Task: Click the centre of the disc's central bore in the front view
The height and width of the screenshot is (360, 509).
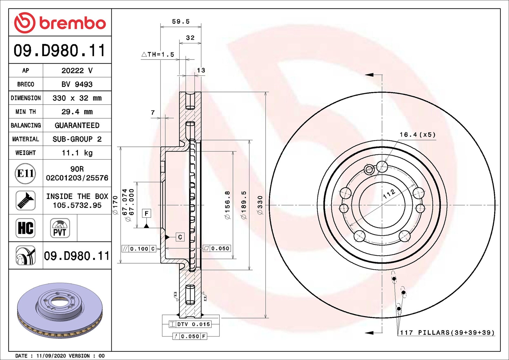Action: click(382, 205)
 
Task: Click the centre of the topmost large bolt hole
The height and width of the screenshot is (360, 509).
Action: click(382, 166)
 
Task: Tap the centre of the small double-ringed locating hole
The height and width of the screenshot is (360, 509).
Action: click(369, 170)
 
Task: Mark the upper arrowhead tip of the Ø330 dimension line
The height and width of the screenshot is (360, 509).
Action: click(265, 92)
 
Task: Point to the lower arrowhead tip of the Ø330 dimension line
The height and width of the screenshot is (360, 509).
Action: click(265, 318)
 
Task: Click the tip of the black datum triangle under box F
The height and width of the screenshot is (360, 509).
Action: click(146, 224)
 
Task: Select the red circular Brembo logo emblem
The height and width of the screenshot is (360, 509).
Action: click(24, 23)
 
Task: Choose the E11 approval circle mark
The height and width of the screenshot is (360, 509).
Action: click(25, 173)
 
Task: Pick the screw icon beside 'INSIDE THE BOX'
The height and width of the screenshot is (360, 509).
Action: click(26, 201)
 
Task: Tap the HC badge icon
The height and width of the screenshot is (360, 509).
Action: click(26, 228)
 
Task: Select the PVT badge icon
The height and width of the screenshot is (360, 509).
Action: click(60, 228)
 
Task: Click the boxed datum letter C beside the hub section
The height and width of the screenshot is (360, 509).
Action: click(180, 237)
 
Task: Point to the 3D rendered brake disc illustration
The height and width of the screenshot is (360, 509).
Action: click(60, 310)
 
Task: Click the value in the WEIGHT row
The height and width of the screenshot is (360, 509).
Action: click(77, 153)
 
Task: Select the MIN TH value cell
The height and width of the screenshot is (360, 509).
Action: click(77, 112)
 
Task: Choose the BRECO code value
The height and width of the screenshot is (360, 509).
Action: click(77, 84)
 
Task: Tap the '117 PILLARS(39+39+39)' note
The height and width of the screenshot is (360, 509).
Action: click(447, 333)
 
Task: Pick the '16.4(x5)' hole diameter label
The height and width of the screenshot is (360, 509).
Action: click(417, 134)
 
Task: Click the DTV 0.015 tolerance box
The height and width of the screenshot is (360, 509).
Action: click(190, 324)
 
